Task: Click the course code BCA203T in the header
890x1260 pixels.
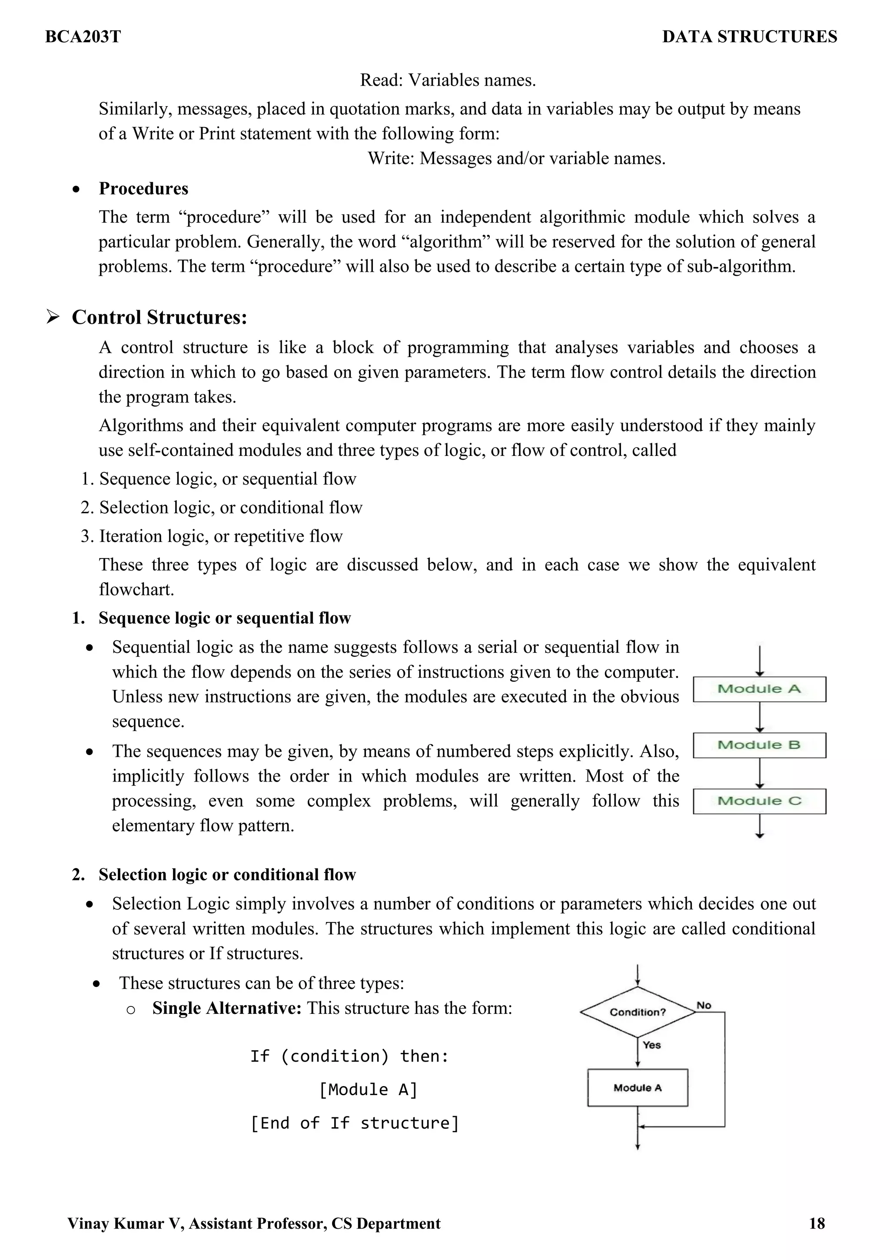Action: [x=83, y=37]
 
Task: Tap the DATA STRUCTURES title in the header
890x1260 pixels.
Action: [x=749, y=37]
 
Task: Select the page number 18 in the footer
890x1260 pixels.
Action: [x=817, y=1223]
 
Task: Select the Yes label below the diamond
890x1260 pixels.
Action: [x=651, y=1045]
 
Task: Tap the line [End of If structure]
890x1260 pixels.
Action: [x=354, y=1123]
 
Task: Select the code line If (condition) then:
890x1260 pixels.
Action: [x=349, y=1056]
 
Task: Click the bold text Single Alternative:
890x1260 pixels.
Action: [x=226, y=1008]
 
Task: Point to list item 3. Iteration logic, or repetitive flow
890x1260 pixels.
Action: [x=212, y=536]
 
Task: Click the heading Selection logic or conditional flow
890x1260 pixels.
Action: [x=227, y=874]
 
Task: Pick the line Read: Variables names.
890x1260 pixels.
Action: [x=448, y=80]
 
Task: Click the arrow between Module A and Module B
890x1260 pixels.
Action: [x=760, y=717]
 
